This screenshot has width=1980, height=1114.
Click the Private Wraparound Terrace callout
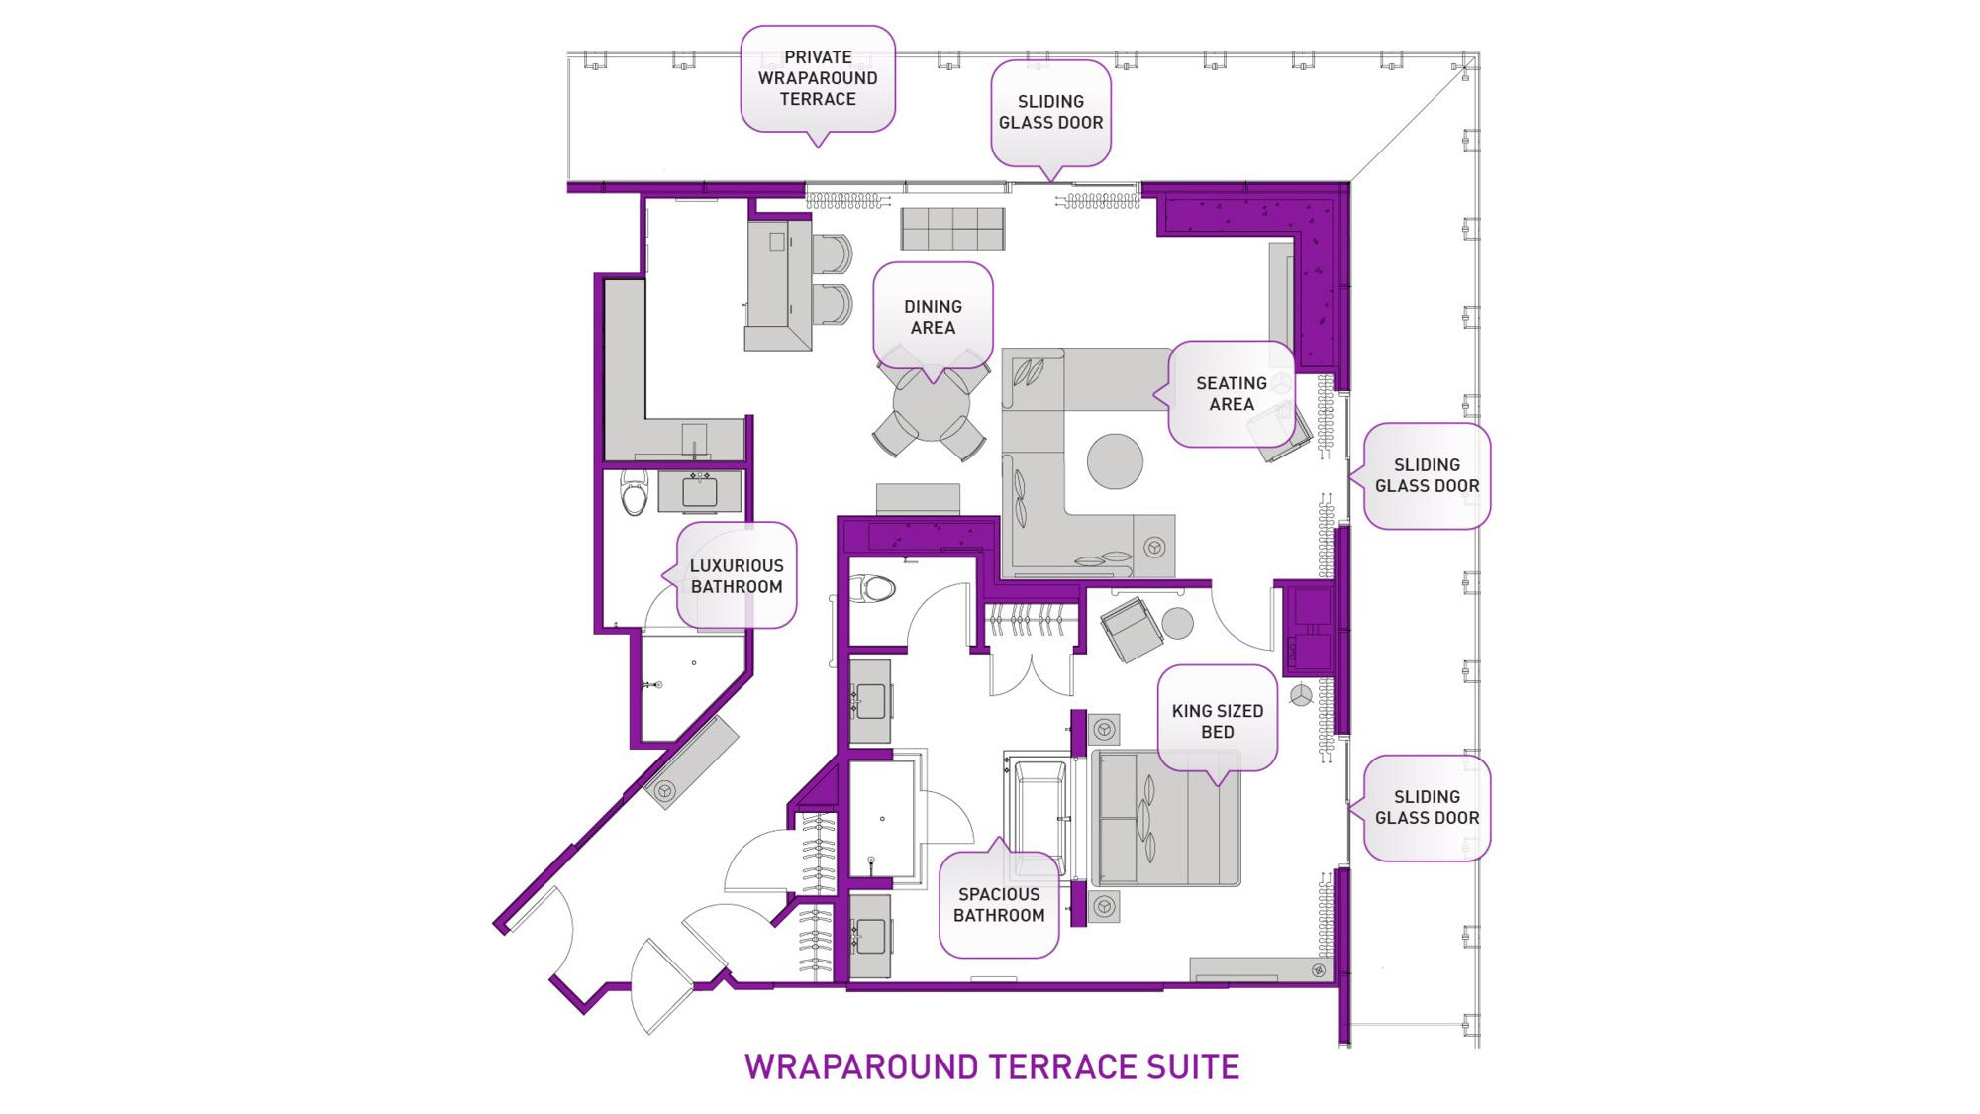818,78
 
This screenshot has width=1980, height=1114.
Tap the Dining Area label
932,317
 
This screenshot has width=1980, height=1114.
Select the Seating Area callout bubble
1231,393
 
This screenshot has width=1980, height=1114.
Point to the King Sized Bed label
1217,721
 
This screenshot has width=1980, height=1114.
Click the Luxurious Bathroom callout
736,575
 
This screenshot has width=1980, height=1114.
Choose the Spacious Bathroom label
998,904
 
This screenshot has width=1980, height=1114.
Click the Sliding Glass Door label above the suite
1050,112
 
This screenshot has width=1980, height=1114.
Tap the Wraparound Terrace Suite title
991,1066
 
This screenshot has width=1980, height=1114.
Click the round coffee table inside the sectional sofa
1115,460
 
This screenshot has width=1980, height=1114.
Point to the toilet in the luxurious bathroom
634,492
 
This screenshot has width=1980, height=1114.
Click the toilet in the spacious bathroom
874,591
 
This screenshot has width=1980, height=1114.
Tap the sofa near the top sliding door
952,229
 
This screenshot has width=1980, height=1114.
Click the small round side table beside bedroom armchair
1177,623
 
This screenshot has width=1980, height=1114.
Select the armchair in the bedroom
1131,628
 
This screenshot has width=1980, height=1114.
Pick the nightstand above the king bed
1104,731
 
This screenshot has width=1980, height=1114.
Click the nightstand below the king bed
1104,906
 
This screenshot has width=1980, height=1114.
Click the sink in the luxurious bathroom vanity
700,491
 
